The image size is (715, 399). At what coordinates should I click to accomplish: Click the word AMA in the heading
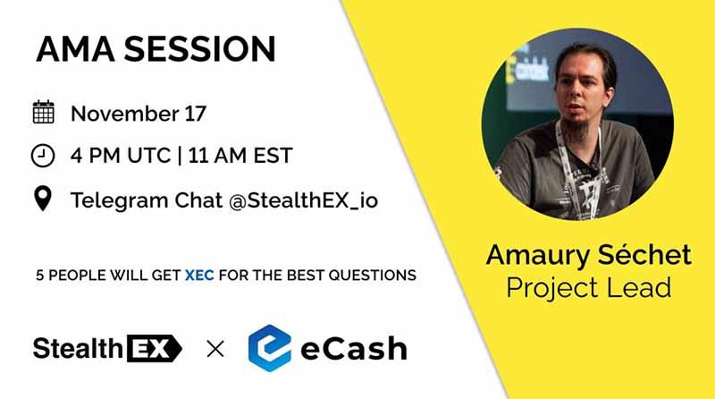point(75,49)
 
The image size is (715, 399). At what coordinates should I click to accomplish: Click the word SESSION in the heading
point(199,49)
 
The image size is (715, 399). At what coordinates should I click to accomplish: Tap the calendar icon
point(43,112)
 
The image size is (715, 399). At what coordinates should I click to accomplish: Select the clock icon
point(43,156)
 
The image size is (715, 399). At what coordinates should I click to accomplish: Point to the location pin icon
point(43,199)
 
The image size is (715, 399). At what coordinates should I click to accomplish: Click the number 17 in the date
point(195,114)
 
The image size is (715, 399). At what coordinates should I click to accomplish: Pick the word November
point(125,114)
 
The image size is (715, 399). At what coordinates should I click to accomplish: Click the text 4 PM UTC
point(121,156)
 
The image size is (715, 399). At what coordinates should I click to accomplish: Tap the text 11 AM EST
point(240,156)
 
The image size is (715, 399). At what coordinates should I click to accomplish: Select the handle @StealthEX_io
point(303,201)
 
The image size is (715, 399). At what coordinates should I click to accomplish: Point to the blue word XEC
point(199,276)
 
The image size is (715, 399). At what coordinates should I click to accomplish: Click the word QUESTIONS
point(372,276)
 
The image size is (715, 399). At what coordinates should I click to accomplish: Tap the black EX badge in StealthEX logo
point(154,348)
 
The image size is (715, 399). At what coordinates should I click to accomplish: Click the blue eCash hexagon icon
point(270,348)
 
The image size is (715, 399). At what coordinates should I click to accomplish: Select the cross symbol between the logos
point(215,349)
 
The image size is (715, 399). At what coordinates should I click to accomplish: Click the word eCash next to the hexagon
point(353,349)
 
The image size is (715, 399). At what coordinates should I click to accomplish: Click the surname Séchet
point(644,254)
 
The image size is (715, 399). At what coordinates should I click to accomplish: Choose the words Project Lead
point(589,287)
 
